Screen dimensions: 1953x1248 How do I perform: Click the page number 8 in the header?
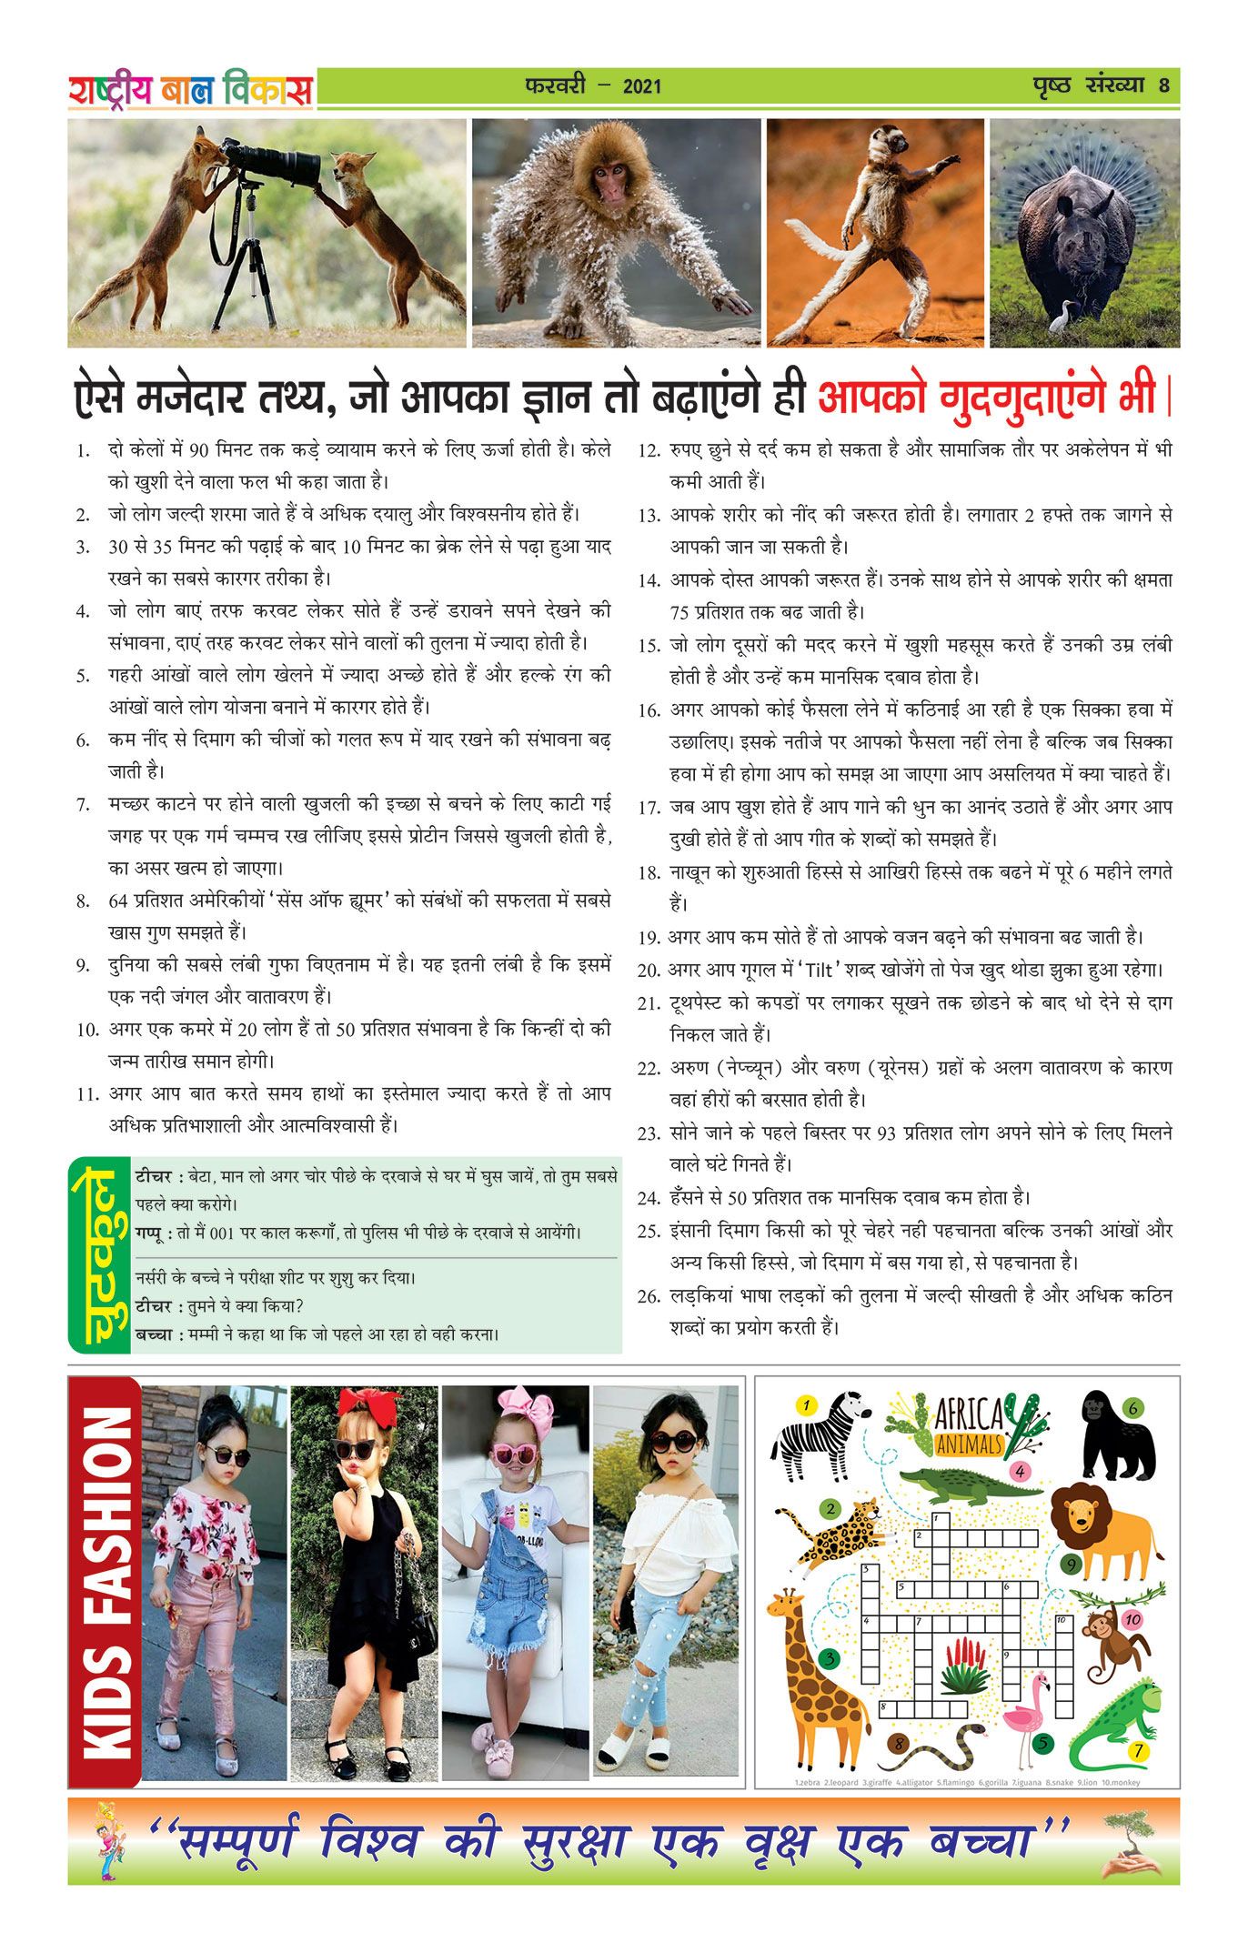pyautogui.click(x=1163, y=86)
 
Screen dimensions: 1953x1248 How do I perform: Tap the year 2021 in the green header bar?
pyautogui.click(x=642, y=86)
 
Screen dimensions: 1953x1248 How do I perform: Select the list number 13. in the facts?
pyautogui.click(x=649, y=516)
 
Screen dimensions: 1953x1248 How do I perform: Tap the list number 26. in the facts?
pyautogui.click(x=649, y=1296)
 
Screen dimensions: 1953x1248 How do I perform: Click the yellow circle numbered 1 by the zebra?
pyautogui.click(x=806, y=1405)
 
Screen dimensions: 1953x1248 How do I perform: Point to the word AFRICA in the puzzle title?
pyautogui.click(x=970, y=1414)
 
